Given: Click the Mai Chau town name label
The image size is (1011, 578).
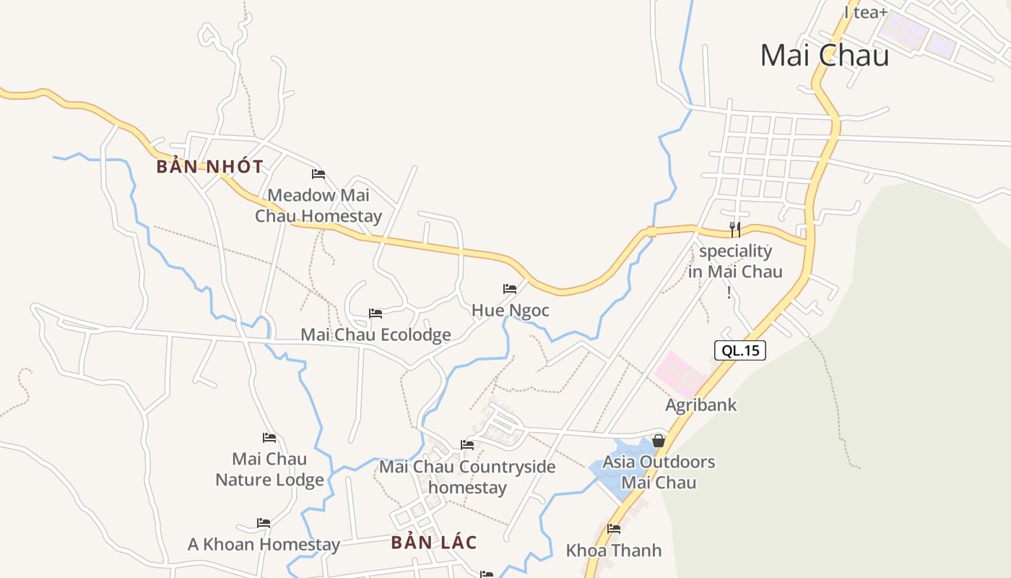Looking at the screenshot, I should tap(824, 55).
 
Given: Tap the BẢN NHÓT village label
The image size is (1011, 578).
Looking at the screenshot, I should tap(210, 166).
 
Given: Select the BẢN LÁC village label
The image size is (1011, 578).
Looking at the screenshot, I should tap(434, 542).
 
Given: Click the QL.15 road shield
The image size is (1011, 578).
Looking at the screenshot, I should tap(740, 350).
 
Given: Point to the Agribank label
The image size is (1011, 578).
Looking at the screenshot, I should tap(700, 405).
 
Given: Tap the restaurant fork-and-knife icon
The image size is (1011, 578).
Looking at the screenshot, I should tap(735, 230).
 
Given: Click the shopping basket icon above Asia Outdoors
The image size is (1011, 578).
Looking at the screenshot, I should tap(659, 440).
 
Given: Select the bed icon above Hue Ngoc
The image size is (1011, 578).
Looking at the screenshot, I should tap(510, 289).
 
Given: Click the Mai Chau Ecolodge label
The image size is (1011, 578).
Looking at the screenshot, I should tap(376, 335).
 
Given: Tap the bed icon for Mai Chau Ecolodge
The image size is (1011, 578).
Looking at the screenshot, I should tap(376, 314).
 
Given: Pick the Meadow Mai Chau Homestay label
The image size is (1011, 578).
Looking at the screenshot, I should tap(318, 205).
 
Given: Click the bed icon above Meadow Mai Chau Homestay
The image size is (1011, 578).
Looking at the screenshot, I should tap(318, 174).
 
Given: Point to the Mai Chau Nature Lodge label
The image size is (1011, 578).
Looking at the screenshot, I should tap(269, 469).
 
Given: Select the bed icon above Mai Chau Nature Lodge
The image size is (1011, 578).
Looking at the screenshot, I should tap(269, 438).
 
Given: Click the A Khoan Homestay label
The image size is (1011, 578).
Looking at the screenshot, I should tap(264, 544).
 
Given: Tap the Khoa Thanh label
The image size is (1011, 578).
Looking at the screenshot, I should tap(614, 550).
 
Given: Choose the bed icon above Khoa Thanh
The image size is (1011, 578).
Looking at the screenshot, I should tap(614, 529).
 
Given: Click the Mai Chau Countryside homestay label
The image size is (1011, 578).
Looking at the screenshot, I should tap(467, 477).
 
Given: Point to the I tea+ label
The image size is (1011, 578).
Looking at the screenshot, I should tap(865, 12).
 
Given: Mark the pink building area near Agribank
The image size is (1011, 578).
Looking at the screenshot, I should tap(679, 372).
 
